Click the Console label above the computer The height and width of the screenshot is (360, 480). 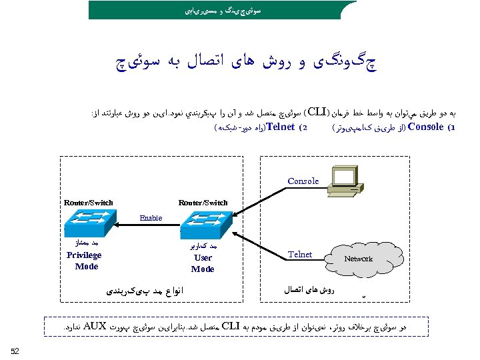(303, 181)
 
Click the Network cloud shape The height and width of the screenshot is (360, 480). (358, 258)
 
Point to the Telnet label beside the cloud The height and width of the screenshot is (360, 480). (300, 254)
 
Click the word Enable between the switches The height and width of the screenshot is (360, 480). (151, 218)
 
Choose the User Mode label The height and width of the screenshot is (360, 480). (203, 263)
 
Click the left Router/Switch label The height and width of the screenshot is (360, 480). (89, 203)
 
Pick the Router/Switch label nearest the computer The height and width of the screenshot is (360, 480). (203, 203)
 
